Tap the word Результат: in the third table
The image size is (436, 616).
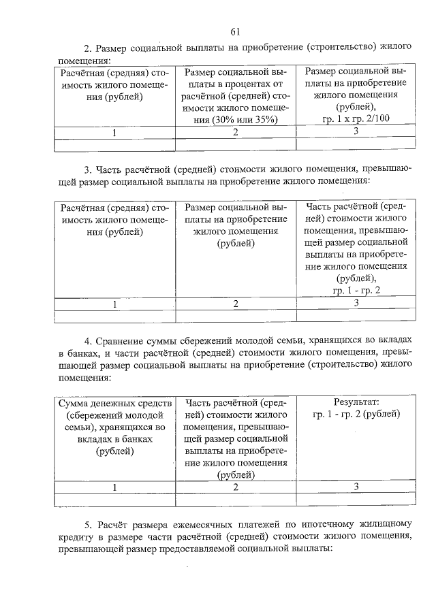356,402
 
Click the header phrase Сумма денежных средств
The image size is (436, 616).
114,403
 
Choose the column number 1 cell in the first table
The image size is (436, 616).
114,133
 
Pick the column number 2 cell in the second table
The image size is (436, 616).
236,304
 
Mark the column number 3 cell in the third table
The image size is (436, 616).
356,486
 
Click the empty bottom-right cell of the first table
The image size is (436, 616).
356,144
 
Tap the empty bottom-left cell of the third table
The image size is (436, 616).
114,500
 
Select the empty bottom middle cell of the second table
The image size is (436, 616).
236,315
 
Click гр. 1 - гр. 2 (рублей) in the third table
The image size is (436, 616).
356,415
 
